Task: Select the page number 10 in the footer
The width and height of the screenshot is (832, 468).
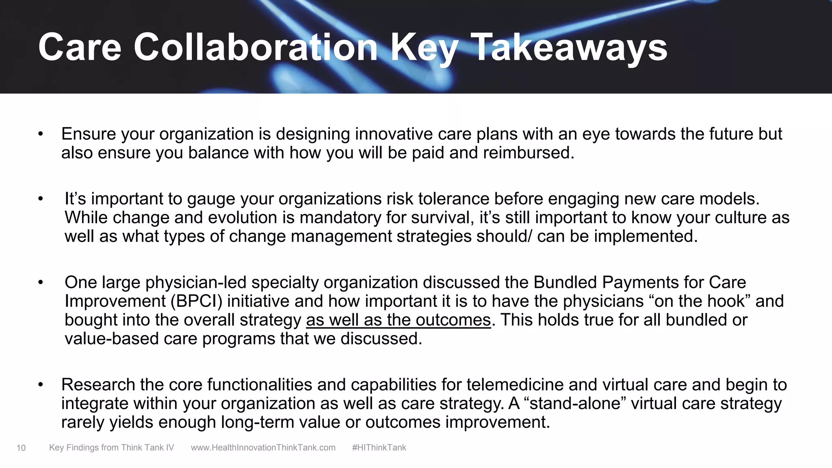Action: click(21, 448)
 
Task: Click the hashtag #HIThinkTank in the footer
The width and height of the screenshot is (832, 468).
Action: click(379, 448)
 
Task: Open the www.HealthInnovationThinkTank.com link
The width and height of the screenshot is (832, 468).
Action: click(263, 448)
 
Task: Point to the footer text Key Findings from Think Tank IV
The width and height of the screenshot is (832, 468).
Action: click(111, 448)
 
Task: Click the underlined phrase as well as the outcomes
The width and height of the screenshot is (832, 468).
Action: click(399, 320)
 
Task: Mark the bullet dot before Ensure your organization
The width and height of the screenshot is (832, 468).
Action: click(40, 134)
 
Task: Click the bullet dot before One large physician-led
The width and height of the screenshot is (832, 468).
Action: click(40, 283)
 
